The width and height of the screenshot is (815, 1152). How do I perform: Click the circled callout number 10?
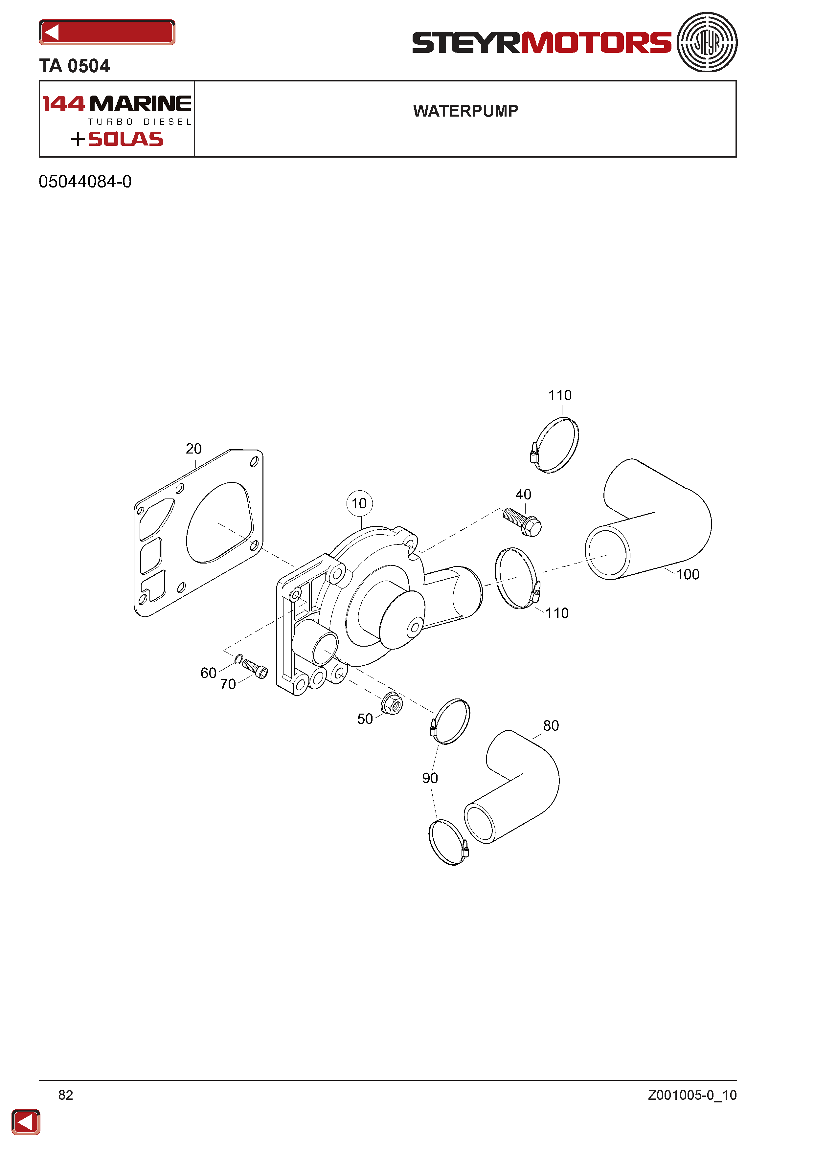[x=359, y=503]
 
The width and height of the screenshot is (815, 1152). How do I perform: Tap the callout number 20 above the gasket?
[x=194, y=449]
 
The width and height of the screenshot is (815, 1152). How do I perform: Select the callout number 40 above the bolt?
[x=523, y=494]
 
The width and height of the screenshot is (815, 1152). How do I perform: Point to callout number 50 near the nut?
[x=365, y=719]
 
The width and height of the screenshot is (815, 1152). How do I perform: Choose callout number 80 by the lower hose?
[x=551, y=725]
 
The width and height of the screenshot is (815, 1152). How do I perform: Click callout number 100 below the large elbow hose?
[x=688, y=574]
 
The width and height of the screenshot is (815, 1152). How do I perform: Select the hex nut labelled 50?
[x=392, y=703]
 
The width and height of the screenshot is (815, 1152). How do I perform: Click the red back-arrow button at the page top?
[x=107, y=33]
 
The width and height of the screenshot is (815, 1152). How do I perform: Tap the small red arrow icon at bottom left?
[x=26, y=1122]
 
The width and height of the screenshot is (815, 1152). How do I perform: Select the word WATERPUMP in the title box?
[x=466, y=111]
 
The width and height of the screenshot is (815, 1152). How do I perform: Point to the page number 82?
[x=66, y=1095]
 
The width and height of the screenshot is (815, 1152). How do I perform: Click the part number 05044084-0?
[x=85, y=182]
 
